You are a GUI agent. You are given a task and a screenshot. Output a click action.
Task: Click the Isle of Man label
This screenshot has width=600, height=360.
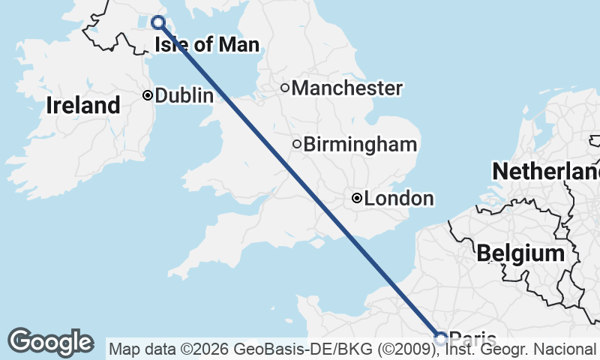(207, 45)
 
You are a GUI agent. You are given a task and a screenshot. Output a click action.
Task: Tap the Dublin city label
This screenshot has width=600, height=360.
(184, 96)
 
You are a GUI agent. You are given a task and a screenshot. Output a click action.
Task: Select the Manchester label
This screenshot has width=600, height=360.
(347, 88)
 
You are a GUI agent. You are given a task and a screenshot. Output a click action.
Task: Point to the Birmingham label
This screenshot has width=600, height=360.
(360, 144)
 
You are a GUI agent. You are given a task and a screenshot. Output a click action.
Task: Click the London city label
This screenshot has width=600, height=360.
(399, 199)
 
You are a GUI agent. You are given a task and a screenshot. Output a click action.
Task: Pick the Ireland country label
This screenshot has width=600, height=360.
(82, 106)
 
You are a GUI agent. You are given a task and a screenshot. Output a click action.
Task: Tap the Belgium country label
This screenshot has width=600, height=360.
(520, 253)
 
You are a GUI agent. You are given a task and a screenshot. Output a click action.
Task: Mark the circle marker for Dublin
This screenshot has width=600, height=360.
(148, 95)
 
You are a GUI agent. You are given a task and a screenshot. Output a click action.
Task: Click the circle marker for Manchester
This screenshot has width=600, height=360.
(285, 88)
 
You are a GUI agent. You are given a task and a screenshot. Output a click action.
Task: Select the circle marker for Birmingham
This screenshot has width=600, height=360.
(297, 144)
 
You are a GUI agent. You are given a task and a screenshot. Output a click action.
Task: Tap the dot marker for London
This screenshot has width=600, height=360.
(357, 199)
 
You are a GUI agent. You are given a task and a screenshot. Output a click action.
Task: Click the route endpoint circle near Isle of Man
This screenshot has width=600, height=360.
(158, 22)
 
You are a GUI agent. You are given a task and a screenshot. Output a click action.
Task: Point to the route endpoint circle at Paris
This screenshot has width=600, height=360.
(441, 338)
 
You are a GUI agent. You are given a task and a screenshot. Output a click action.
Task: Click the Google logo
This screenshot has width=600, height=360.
(50, 342)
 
